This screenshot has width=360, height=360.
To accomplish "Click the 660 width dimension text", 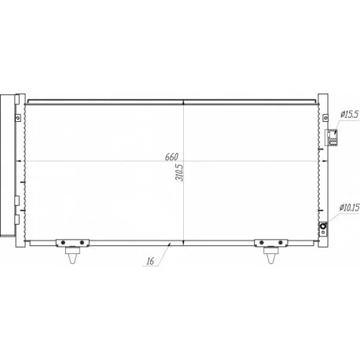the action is click(x=171, y=157).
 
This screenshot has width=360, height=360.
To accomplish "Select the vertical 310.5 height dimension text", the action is click(x=180, y=173).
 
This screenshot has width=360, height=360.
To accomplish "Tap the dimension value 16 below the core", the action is click(x=150, y=261).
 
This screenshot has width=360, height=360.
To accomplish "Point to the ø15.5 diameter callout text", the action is click(x=350, y=115).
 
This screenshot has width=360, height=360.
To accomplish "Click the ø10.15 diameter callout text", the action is click(x=350, y=208).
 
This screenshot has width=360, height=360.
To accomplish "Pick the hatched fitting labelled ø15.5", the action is click(x=332, y=138).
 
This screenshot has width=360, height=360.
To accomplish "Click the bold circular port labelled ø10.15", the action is click(x=323, y=226).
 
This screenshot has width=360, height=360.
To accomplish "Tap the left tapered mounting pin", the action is click(x=72, y=255).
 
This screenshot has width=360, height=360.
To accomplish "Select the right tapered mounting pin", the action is click(x=271, y=255).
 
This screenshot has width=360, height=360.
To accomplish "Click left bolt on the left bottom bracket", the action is click(x=63, y=243).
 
